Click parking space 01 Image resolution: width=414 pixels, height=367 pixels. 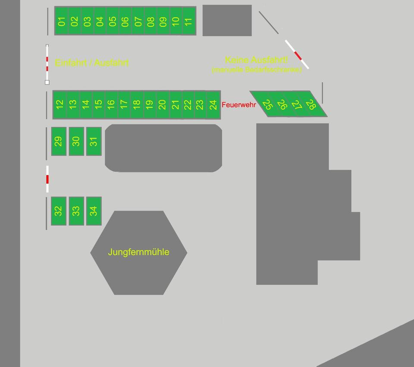pyautogui.click(x=62, y=21)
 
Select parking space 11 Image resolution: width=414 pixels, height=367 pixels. pyautogui.click(x=188, y=21)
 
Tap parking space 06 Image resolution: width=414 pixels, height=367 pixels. pyautogui.click(x=125, y=21)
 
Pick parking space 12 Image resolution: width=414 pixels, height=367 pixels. pyautogui.click(x=60, y=104)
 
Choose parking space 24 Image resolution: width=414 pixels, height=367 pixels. pyautogui.click(x=213, y=104)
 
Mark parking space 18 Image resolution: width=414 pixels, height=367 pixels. pyautogui.click(x=136, y=104)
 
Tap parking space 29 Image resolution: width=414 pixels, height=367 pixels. pyautogui.click(x=59, y=141)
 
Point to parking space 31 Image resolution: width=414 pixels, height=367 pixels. pyautogui.click(x=94, y=141)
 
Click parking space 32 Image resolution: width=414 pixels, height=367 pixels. pyautogui.click(x=59, y=211)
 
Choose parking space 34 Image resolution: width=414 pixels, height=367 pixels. pyautogui.click(x=94, y=211)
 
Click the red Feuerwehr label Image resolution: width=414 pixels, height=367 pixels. pyautogui.click(x=238, y=105)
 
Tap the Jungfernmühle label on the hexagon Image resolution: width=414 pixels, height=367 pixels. pyautogui.click(x=138, y=252)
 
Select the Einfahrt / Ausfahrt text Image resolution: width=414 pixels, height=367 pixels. pyautogui.click(x=92, y=63)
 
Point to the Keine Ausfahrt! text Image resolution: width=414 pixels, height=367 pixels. pyautogui.click(x=256, y=60)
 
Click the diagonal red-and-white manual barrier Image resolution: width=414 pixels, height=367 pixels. pyautogui.click(x=297, y=54)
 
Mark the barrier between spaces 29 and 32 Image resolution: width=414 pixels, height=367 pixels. pyautogui.click(x=47, y=179)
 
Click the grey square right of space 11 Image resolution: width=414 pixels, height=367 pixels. pyautogui.click(x=227, y=20)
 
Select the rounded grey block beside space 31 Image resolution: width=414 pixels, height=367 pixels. pyautogui.click(x=163, y=148)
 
